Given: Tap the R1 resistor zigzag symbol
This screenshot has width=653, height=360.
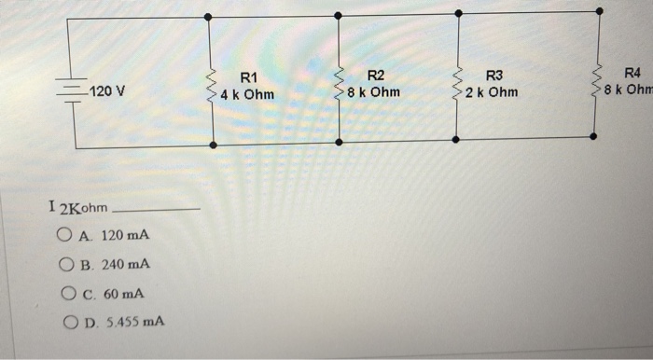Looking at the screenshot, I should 212,85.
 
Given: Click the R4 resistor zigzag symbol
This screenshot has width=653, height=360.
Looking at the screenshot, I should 597,82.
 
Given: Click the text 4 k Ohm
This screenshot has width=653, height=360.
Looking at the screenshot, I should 248,95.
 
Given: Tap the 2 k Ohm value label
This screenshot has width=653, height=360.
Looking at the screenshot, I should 492,93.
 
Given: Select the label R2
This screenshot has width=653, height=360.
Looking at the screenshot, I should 375,75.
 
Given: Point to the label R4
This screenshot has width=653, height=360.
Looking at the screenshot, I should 632,73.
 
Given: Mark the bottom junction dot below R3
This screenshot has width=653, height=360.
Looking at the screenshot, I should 455,139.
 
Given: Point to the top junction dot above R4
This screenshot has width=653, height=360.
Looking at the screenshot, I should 598,12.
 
